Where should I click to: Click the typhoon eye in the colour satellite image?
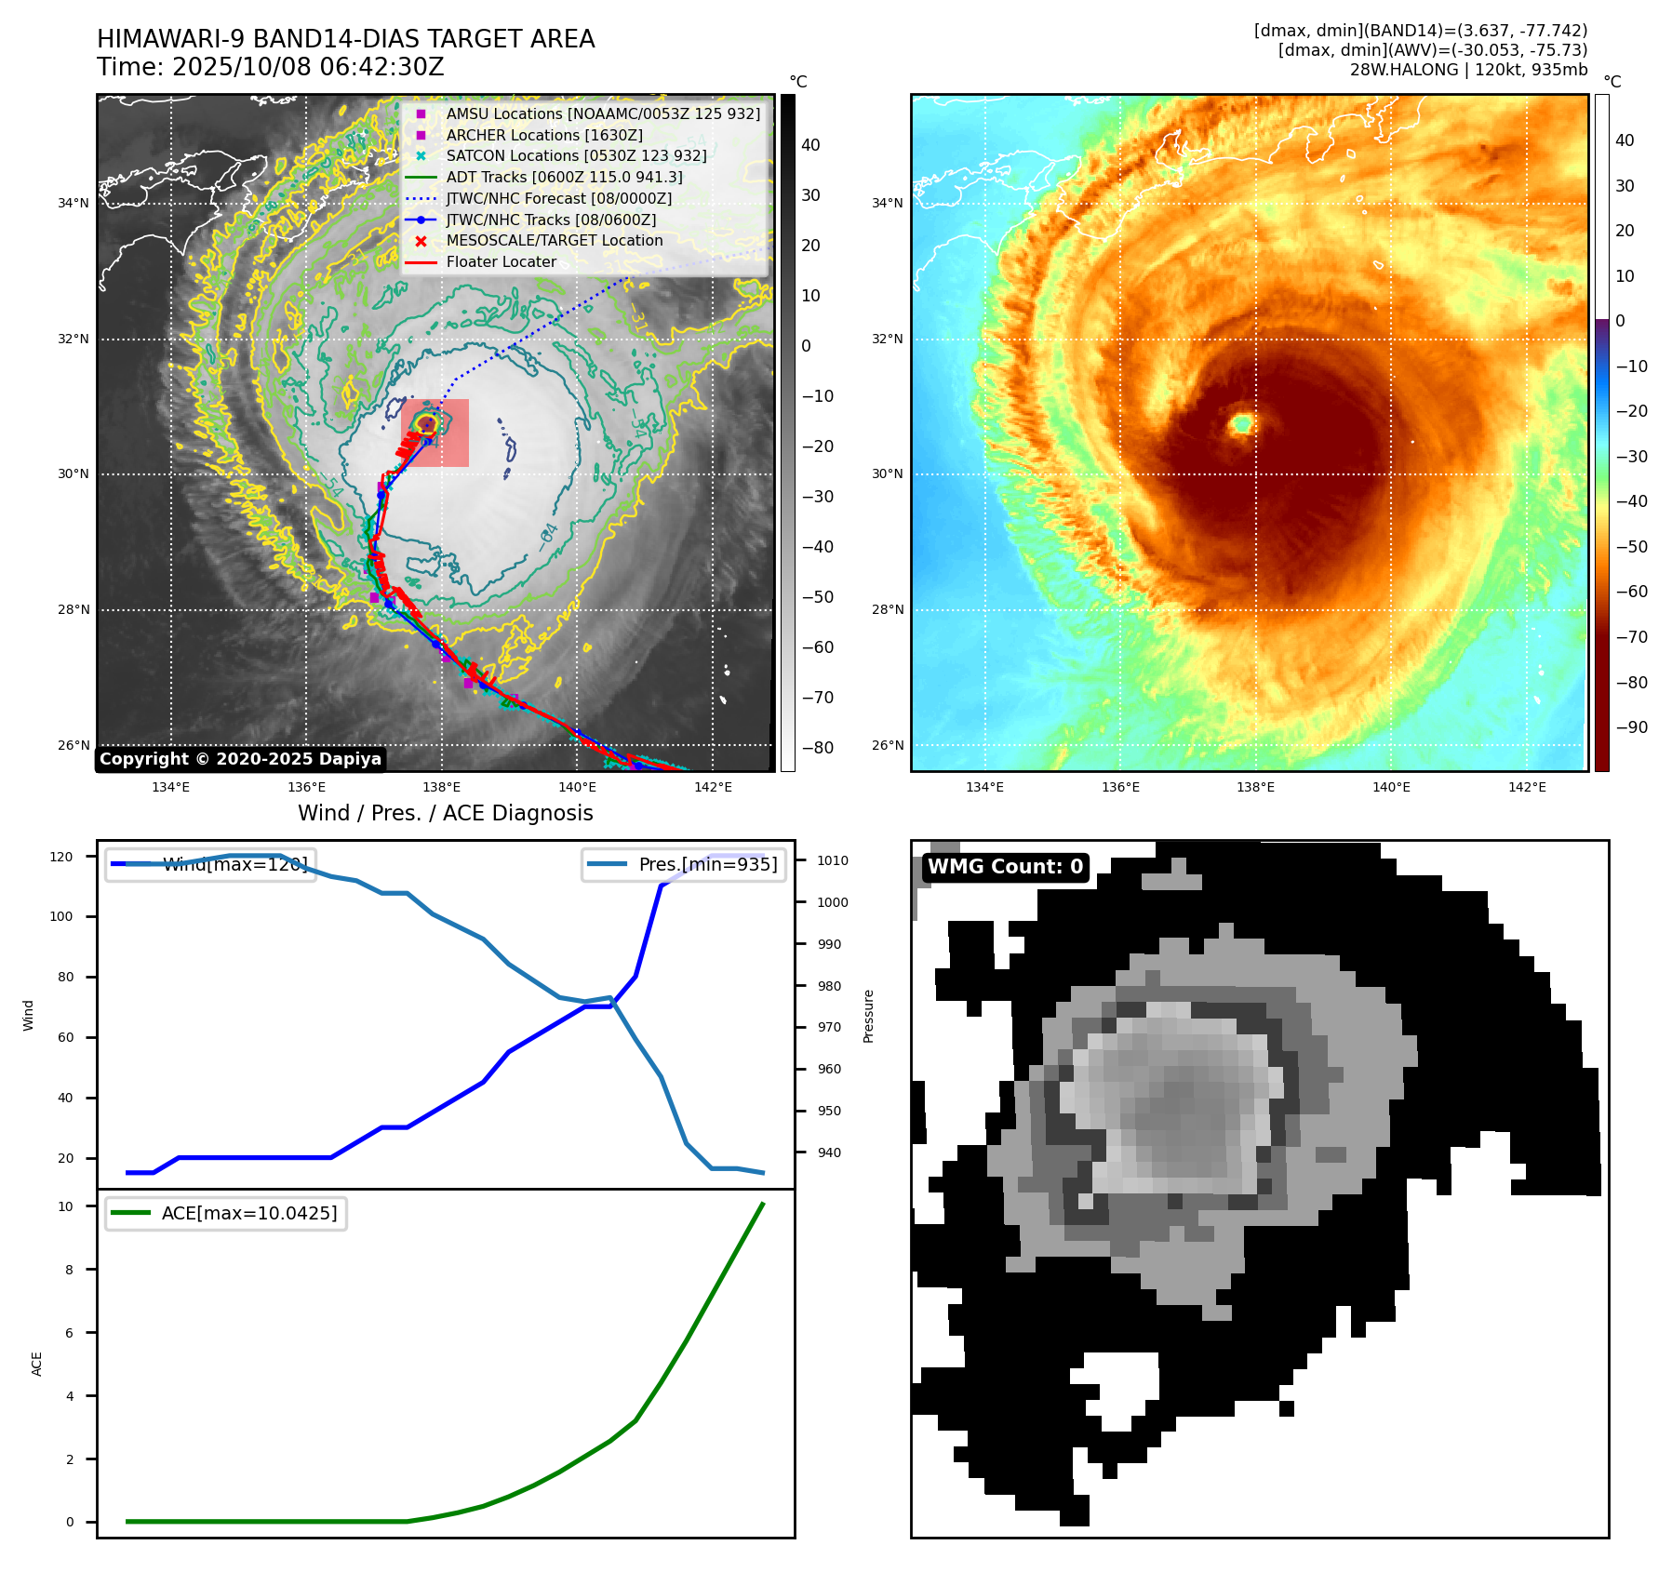(1241, 424)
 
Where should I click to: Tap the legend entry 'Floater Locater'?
(501, 262)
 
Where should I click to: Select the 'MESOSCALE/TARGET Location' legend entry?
(555, 241)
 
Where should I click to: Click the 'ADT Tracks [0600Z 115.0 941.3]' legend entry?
(564, 177)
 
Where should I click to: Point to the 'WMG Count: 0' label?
(1005, 867)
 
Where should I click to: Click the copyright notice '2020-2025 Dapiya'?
(240, 759)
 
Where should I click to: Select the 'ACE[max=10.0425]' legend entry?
(248, 1214)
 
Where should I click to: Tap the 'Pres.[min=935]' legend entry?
(707, 864)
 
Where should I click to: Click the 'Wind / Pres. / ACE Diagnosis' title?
(445, 813)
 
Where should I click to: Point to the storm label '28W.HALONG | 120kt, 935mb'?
(1468, 70)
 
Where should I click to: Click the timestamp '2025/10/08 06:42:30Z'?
(308, 68)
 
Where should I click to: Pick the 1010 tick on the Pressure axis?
(832, 860)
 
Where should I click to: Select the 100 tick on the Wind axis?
(61, 916)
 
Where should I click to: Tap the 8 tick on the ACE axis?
(69, 1270)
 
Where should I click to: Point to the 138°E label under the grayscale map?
(441, 787)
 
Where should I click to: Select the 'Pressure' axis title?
(868, 1016)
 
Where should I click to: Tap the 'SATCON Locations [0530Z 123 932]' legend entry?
(576, 156)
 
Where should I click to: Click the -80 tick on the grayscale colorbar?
(818, 748)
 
